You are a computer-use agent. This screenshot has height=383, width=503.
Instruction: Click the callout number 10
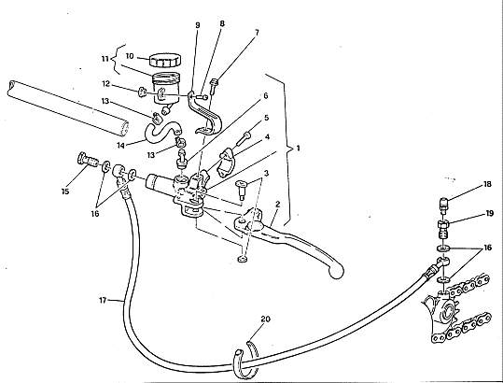(130, 56)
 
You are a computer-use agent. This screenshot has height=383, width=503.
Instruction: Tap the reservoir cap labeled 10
(165, 60)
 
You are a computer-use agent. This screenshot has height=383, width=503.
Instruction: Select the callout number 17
(103, 301)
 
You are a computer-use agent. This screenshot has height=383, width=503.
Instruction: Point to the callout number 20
(266, 319)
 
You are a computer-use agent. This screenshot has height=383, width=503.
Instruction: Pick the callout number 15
(65, 191)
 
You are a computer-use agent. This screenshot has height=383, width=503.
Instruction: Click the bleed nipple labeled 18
(443, 206)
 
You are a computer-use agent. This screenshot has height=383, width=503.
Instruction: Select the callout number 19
(490, 213)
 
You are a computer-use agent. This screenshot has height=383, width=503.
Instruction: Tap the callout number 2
(278, 205)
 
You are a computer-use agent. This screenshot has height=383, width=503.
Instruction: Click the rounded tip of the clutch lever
(336, 272)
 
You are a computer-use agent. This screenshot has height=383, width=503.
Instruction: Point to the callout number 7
(257, 33)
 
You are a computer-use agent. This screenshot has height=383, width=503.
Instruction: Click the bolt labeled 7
(214, 86)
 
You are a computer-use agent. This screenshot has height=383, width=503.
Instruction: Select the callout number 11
(105, 59)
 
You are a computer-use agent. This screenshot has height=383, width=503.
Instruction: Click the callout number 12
(106, 84)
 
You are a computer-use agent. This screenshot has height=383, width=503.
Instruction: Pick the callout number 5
(267, 118)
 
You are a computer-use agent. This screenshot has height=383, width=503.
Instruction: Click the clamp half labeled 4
(227, 163)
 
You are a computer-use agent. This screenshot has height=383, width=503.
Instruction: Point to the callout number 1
(298, 149)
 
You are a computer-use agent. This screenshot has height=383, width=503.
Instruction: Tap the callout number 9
(198, 25)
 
